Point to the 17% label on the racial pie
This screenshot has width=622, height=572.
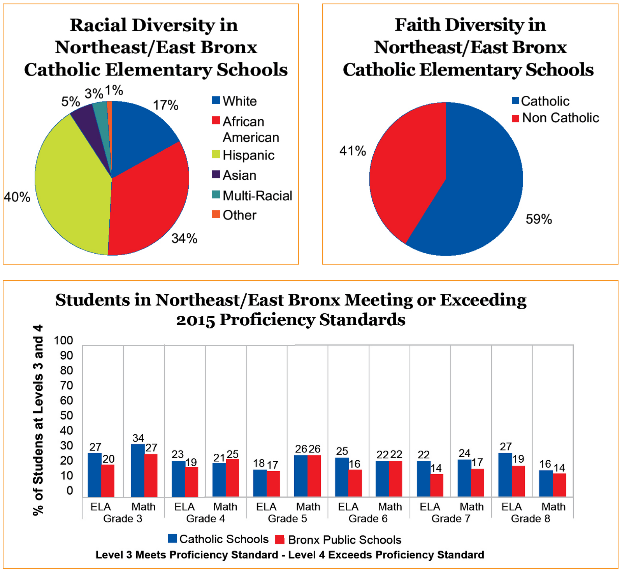click(x=165, y=105)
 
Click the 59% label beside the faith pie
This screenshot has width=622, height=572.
click(x=539, y=219)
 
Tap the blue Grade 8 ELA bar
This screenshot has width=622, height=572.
click(x=505, y=475)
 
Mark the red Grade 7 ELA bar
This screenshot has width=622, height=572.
click(x=437, y=485)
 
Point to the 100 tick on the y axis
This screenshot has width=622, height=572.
click(x=63, y=340)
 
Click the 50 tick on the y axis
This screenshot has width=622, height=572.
click(x=67, y=416)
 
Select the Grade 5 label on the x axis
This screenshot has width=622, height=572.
click(x=287, y=519)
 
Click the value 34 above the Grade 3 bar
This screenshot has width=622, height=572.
click(x=138, y=439)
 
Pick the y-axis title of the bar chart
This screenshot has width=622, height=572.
click(x=38, y=420)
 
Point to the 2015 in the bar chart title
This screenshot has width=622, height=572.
click(x=195, y=320)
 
